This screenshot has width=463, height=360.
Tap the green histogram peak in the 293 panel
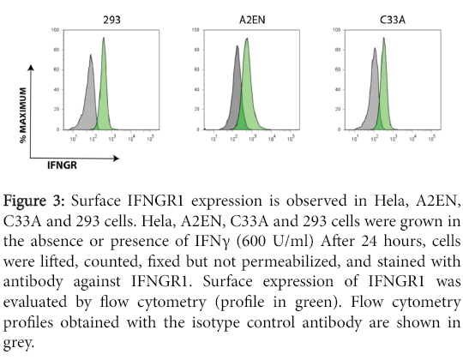104,39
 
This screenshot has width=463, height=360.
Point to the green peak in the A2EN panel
246,39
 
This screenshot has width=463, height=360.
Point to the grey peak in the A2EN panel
236,48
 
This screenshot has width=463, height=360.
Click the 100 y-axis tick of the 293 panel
55,30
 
